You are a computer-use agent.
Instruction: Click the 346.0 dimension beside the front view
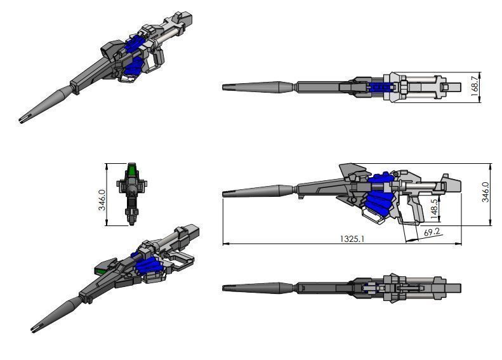(x=111, y=194)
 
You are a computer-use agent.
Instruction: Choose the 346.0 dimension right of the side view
(x=485, y=191)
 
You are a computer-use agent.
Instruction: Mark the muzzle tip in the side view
(x=225, y=192)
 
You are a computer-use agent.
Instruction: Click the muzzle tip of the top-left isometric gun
(x=22, y=120)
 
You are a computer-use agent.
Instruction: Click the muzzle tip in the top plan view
(x=225, y=86)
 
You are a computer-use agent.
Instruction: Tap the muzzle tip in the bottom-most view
(x=225, y=288)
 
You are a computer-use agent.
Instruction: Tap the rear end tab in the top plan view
(x=455, y=86)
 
